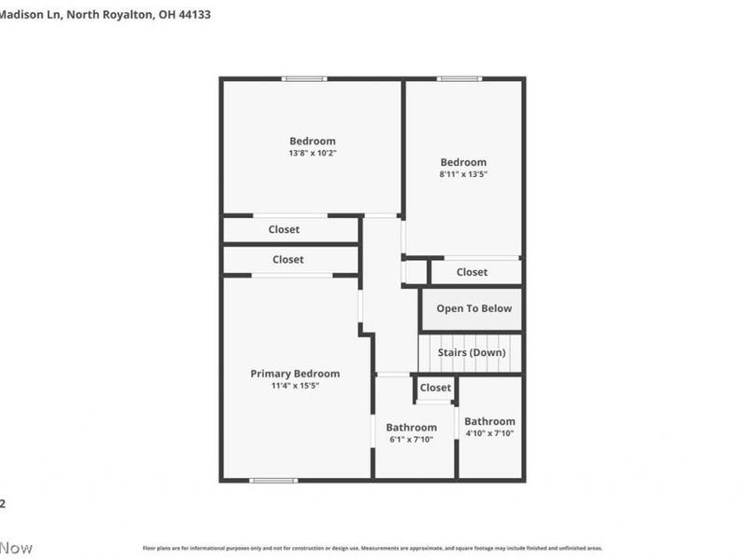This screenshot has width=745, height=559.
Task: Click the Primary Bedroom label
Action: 294,374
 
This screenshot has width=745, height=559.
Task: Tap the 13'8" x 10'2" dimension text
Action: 312,153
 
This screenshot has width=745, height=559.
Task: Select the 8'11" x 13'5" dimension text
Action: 463,173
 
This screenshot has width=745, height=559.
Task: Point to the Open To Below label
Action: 473,308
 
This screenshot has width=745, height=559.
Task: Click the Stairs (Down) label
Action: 471,353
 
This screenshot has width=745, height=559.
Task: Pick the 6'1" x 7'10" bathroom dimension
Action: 411,440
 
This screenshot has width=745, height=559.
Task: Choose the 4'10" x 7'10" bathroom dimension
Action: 489,433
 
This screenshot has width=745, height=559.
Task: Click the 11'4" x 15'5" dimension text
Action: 294,386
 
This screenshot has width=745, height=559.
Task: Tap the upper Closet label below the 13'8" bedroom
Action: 284,229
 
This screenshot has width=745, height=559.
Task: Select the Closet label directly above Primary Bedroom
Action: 288,260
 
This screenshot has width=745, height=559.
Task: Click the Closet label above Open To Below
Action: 471,272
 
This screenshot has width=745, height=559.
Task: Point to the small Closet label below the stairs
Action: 435,388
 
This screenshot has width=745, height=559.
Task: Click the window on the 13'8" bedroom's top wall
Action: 305,78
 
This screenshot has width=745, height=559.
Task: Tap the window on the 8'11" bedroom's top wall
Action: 459,78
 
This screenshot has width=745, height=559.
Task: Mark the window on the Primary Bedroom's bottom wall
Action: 273,481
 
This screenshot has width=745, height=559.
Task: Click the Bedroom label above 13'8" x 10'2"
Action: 312,142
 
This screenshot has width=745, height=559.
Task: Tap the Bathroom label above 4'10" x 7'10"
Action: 489,421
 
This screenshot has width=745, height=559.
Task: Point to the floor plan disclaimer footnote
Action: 372,548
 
